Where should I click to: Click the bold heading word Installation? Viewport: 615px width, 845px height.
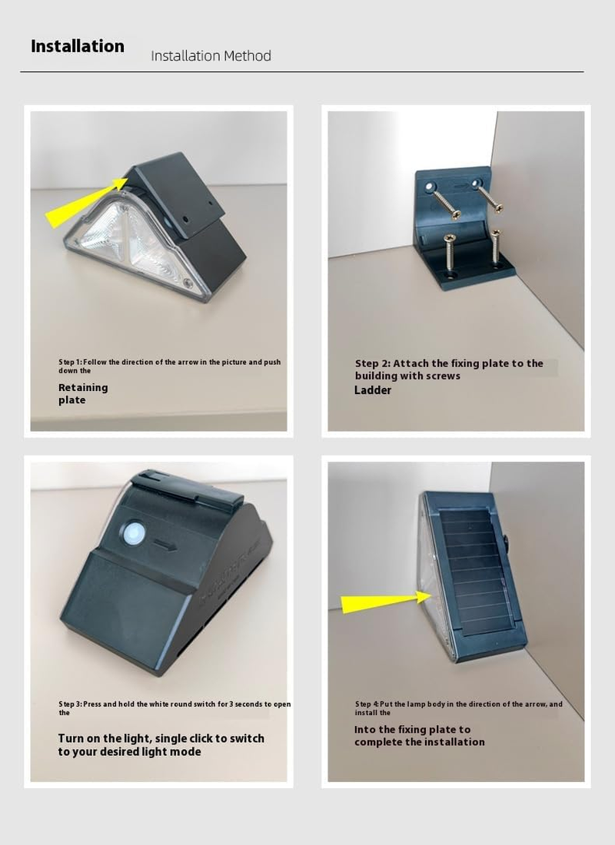(77, 46)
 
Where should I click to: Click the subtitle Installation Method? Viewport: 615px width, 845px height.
(211, 56)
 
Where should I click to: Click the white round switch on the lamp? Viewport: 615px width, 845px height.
(134, 534)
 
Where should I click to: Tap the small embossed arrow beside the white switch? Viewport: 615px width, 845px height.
(165, 545)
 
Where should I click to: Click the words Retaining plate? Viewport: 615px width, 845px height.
(83, 394)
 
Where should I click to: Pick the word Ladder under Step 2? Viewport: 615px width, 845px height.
(373, 390)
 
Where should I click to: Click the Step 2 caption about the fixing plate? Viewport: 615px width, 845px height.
(449, 369)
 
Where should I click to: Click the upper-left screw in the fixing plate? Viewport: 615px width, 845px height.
(444, 201)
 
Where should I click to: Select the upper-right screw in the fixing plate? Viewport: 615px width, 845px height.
(489, 197)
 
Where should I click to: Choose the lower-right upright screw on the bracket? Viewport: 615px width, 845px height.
(496, 247)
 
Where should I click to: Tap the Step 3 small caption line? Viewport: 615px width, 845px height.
(175, 708)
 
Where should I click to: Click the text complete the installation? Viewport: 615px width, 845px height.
(420, 742)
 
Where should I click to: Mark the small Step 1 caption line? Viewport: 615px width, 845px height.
(169, 366)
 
